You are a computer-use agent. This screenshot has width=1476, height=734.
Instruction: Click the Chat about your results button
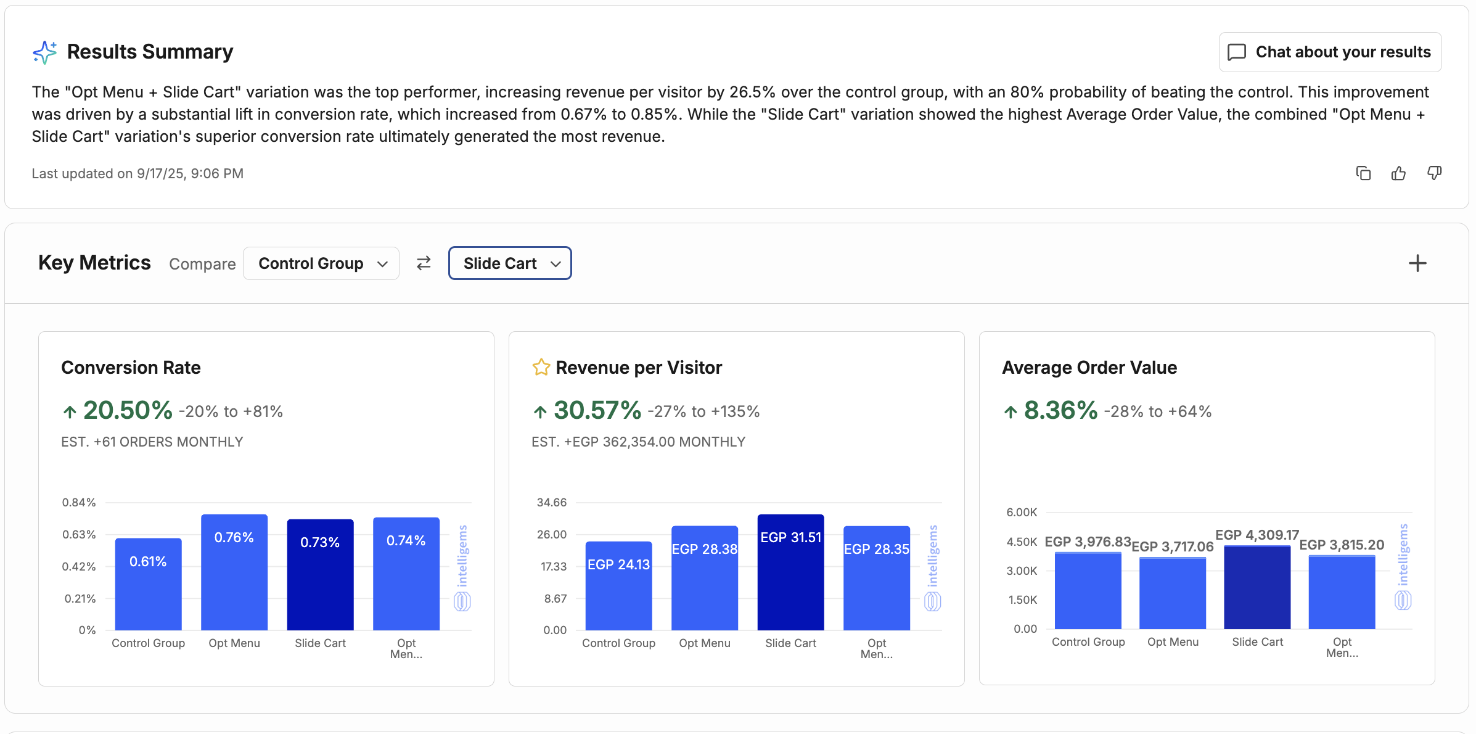pos(1330,52)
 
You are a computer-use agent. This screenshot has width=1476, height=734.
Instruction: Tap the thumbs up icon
pos(1399,173)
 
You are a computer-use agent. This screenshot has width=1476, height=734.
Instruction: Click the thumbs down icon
pos(1435,173)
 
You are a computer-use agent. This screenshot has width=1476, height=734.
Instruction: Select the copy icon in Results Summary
pos(1363,173)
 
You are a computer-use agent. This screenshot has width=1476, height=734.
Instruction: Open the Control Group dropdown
pos(321,263)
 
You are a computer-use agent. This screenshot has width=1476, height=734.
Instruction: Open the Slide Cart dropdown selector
pos(510,263)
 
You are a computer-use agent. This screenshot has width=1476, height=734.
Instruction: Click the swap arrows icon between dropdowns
pos(424,263)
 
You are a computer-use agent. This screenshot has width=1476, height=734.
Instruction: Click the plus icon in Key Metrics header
pos(1417,263)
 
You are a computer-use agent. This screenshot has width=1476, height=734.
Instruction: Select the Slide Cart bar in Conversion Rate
pos(321,575)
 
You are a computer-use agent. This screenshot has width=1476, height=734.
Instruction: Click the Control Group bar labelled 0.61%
pos(149,584)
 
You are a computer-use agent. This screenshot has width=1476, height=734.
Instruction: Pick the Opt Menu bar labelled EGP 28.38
pos(705,578)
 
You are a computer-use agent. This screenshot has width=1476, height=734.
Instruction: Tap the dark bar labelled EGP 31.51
pos(791,572)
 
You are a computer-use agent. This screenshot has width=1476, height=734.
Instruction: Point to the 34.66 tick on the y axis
pos(552,503)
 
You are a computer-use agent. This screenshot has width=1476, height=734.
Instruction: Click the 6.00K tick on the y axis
pos(1022,513)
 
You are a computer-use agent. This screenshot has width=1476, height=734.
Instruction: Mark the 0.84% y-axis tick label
pos(79,503)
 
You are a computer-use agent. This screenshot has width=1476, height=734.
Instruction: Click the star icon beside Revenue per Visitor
pos(541,368)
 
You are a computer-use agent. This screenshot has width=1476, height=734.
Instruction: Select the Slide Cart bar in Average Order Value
pos(1258,587)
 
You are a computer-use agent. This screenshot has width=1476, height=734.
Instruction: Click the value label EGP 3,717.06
pos(1173,546)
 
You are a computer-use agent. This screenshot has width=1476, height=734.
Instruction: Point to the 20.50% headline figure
pos(128,411)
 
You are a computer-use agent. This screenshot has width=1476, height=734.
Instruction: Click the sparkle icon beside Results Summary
pos(44,52)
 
